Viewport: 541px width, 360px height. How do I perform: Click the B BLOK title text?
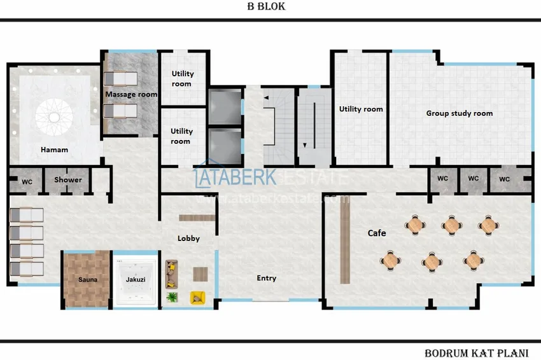point(266,7)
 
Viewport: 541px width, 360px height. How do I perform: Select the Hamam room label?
point(54,150)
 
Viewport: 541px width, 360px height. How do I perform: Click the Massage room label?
point(131,94)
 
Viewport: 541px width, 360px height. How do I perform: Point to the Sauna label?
point(87,279)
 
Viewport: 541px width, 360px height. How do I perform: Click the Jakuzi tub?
point(135,280)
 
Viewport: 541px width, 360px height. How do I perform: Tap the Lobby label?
point(188,239)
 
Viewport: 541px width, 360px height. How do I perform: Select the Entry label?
point(266,278)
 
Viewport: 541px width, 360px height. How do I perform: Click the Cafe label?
point(377,233)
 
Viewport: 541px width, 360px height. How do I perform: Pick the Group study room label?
point(459,113)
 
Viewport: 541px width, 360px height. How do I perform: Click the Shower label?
point(67,180)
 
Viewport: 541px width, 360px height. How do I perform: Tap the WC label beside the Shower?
point(27,181)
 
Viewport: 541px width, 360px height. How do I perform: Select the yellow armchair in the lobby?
point(197,296)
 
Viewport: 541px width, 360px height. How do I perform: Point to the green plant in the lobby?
point(171,296)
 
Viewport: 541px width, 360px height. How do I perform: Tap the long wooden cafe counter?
point(344,239)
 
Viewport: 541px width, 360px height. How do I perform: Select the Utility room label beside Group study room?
point(361,109)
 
